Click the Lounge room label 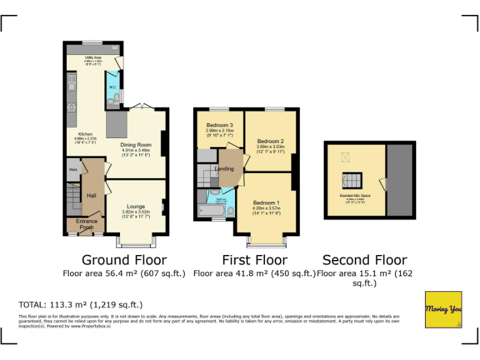[136, 206]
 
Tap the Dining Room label [136, 144]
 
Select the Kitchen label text [85, 134]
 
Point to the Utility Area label [93, 57]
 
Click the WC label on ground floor [113, 87]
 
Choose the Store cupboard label [72, 169]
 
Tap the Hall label [91, 196]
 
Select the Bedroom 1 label [266, 203]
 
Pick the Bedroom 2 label [270, 141]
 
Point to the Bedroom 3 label [219, 126]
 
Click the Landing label [224, 169]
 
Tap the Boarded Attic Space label [355, 196]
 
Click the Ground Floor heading [124, 260]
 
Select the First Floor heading [254, 260]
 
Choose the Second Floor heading [364, 260]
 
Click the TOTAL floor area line [81, 305]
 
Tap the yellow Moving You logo [443, 309]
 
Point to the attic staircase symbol [352, 181]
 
